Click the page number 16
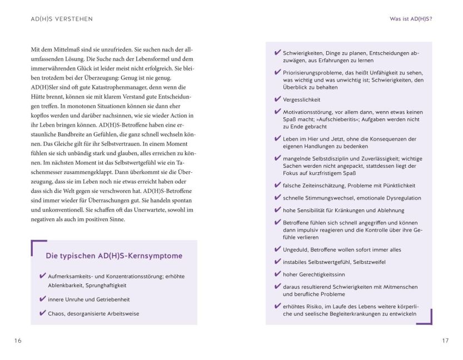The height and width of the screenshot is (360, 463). coord(18,341)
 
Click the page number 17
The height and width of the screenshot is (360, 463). coord(445,341)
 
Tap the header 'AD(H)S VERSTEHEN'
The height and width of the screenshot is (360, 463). coord(62,19)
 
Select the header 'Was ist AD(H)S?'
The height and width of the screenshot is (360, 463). coord(412,19)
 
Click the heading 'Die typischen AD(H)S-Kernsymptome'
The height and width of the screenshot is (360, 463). coord(114,256)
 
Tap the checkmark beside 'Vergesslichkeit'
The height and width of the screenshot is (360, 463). coord(277,99)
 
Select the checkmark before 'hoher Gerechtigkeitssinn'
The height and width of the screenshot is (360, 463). coord(277,274)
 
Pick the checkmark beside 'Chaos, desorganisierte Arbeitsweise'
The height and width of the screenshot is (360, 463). coord(43,313)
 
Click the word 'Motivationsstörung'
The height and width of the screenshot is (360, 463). coord(311,112)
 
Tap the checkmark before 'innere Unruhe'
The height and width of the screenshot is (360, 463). coord(43,299)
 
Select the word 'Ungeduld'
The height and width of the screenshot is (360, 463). coord(297,250)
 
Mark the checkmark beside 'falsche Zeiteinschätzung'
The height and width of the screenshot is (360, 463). coord(277,185)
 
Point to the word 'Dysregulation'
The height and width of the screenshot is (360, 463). coord(401,198)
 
